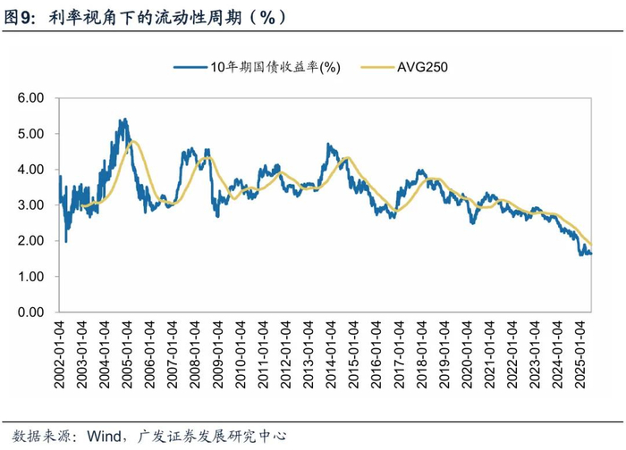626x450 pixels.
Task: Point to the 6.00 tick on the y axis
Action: (32, 97)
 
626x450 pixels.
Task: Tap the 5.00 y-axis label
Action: (32, 133)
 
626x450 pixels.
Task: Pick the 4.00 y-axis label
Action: (32, 169)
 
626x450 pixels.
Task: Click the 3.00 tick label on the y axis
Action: (32, 204)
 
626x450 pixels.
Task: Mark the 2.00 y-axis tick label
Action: (32, 241)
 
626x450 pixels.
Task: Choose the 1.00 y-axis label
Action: (32, 277)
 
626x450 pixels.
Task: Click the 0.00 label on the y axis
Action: (32, 312)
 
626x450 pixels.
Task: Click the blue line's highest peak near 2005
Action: (123, 120)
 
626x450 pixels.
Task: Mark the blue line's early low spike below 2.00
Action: (65, 242)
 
